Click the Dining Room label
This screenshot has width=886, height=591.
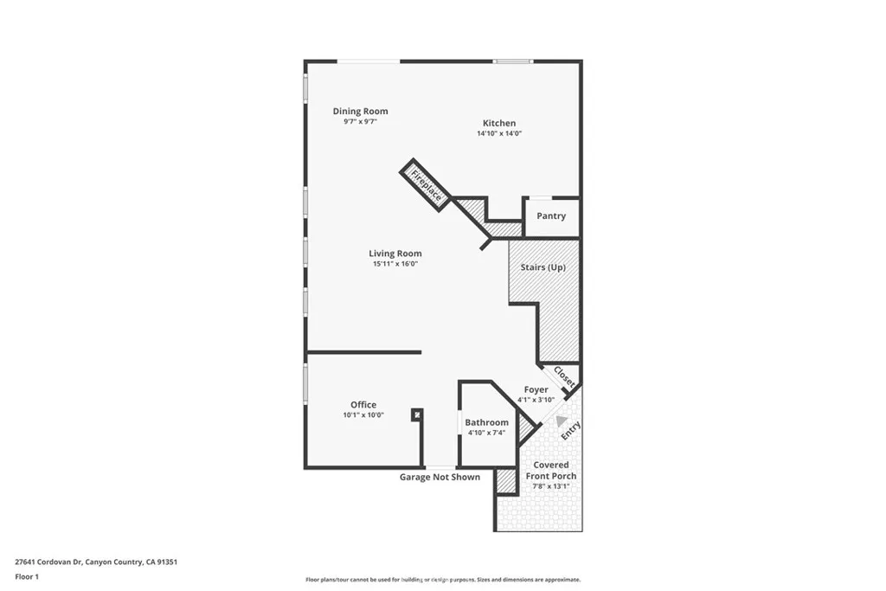point(360,111)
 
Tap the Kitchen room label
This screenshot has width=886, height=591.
point(498,124)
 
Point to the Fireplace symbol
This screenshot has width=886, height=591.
point(426,184)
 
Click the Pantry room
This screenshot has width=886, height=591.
point(550,216)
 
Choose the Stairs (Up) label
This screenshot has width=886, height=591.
point(543,267)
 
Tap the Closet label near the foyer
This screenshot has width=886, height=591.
point(564,377)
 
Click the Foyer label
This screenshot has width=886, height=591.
point(536,389)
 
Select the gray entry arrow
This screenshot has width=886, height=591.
point(549,421)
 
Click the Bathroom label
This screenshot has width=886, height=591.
point(486,422)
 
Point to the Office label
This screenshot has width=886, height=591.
point(363,405)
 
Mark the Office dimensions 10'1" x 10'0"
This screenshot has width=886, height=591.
point(363,415)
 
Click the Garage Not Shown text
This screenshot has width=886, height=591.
point(440,477)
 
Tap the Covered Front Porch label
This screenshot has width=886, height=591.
point(551,471)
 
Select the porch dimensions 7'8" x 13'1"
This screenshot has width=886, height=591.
point(551,486)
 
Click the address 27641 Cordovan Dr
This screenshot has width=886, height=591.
point(96,562)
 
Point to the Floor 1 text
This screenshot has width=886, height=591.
point(28,575)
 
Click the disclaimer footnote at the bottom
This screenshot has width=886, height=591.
point(442,580)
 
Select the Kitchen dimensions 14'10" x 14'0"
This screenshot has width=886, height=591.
point(498,134)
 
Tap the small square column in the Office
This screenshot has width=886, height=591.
point(417,414)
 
